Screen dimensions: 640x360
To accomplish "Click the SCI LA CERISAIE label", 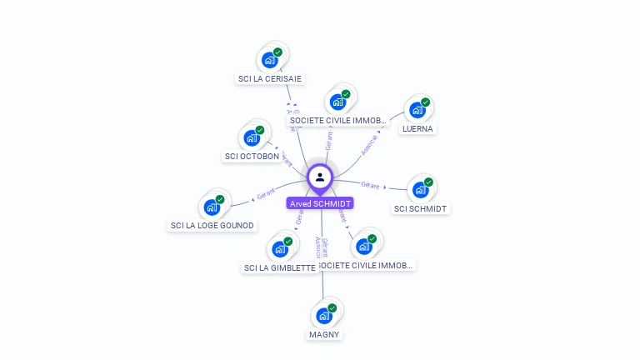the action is point(270,79).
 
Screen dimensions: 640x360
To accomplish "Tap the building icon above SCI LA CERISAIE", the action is point(269,60).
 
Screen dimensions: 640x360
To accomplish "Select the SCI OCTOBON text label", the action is point(252,157).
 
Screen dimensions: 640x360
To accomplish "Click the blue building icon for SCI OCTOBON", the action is point(251,137).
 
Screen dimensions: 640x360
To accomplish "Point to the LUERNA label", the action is point(417,129).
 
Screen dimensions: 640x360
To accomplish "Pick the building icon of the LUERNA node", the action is point(417,110).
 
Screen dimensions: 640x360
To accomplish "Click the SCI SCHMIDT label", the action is point(420,208).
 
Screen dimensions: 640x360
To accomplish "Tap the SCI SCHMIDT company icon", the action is point(420,190).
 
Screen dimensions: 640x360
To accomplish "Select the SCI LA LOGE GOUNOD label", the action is point(212,226).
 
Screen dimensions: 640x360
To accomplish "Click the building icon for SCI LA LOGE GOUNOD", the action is point(212,207).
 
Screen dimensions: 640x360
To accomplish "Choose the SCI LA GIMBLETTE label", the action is point(279,267).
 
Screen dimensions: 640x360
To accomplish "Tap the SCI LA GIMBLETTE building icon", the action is point(279,248).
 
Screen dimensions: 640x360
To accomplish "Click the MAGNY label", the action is point(324,334).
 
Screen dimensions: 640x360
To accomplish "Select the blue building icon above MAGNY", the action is point(323,316).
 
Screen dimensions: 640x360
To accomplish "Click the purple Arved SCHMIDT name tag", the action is point(320,203).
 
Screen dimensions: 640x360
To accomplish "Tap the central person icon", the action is point(320,177).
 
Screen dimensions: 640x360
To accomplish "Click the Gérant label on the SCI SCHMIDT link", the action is point(370,185).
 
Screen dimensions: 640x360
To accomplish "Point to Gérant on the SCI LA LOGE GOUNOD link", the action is point(266,194).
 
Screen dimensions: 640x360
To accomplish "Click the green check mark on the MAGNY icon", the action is point(332,308).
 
